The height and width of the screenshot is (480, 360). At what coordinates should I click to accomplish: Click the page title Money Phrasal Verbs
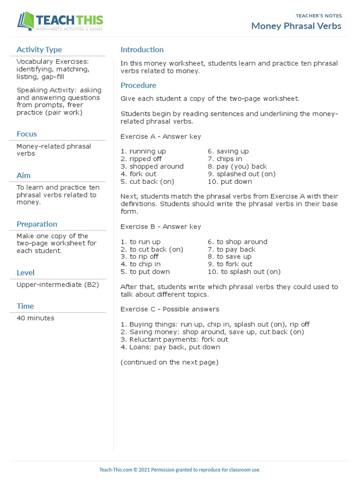(x=296, y=26)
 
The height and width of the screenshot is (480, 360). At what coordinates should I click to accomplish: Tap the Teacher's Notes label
(x=319, y=16)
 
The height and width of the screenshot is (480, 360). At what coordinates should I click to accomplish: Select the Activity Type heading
(x=39, y=50)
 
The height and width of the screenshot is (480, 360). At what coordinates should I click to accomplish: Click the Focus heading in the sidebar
(x=27, y=134)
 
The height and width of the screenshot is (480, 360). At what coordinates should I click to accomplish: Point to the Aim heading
(x=23, y=175)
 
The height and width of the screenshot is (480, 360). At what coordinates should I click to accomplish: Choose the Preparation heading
(x=37, y=224)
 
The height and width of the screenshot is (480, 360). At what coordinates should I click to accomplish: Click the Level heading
(x=25, y=273)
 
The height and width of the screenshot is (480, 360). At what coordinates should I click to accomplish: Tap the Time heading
(x=25, y=307)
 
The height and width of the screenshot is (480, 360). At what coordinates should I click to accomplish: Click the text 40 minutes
(x=35, y=318)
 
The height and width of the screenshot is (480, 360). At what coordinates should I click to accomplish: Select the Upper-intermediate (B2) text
(x=58, y=285)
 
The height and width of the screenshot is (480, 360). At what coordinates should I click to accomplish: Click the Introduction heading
(x=142, y=50)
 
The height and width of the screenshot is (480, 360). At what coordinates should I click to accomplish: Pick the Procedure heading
(x=138, y=85)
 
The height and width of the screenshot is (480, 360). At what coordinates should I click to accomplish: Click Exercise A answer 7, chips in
(x=225, y=159)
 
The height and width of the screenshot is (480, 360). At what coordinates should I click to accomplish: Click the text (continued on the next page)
(x=169, y=362)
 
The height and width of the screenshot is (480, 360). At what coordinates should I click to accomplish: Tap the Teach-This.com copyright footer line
(x=180, y=470)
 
